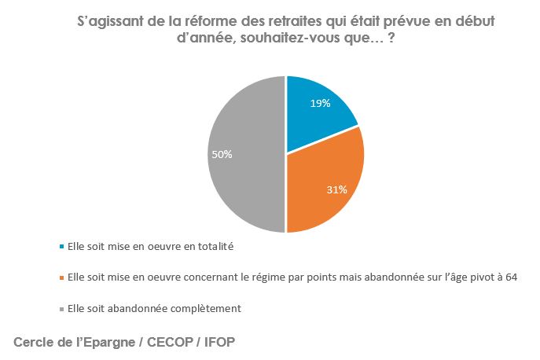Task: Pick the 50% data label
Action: [x=222, y=155]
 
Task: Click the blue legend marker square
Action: [x=62, y=246]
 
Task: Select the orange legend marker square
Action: [x=62, y=277]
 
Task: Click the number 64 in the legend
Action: [x=512, y=277]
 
